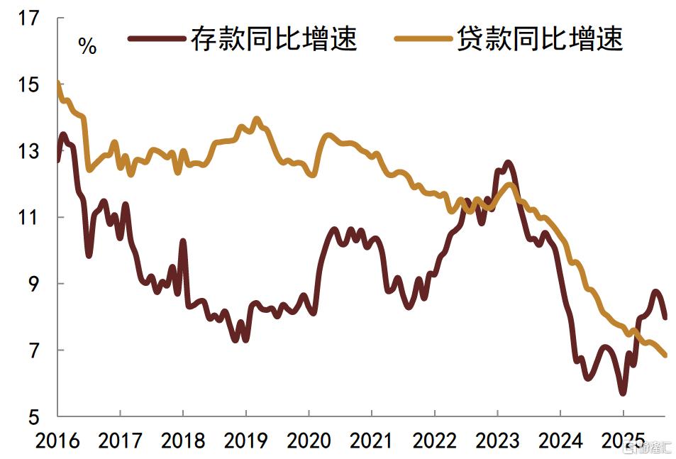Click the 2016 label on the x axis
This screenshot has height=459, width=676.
tap(58, 441)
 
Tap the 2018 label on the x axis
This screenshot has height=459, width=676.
tap(183, 441)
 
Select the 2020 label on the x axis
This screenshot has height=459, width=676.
tap(309, 441)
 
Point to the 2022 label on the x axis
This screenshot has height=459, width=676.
tap(434, 441)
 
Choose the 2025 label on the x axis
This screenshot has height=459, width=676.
tap(622, 441)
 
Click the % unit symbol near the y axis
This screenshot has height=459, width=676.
tap(87, 48)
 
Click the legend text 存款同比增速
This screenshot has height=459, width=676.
tap(273, 39)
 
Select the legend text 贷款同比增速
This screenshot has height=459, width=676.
tap(539, 39)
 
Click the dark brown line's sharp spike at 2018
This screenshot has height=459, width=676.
tap(183, 242)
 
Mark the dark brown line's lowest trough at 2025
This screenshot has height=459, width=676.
tap(622, 392)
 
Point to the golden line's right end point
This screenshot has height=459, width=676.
tap(665, 355)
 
